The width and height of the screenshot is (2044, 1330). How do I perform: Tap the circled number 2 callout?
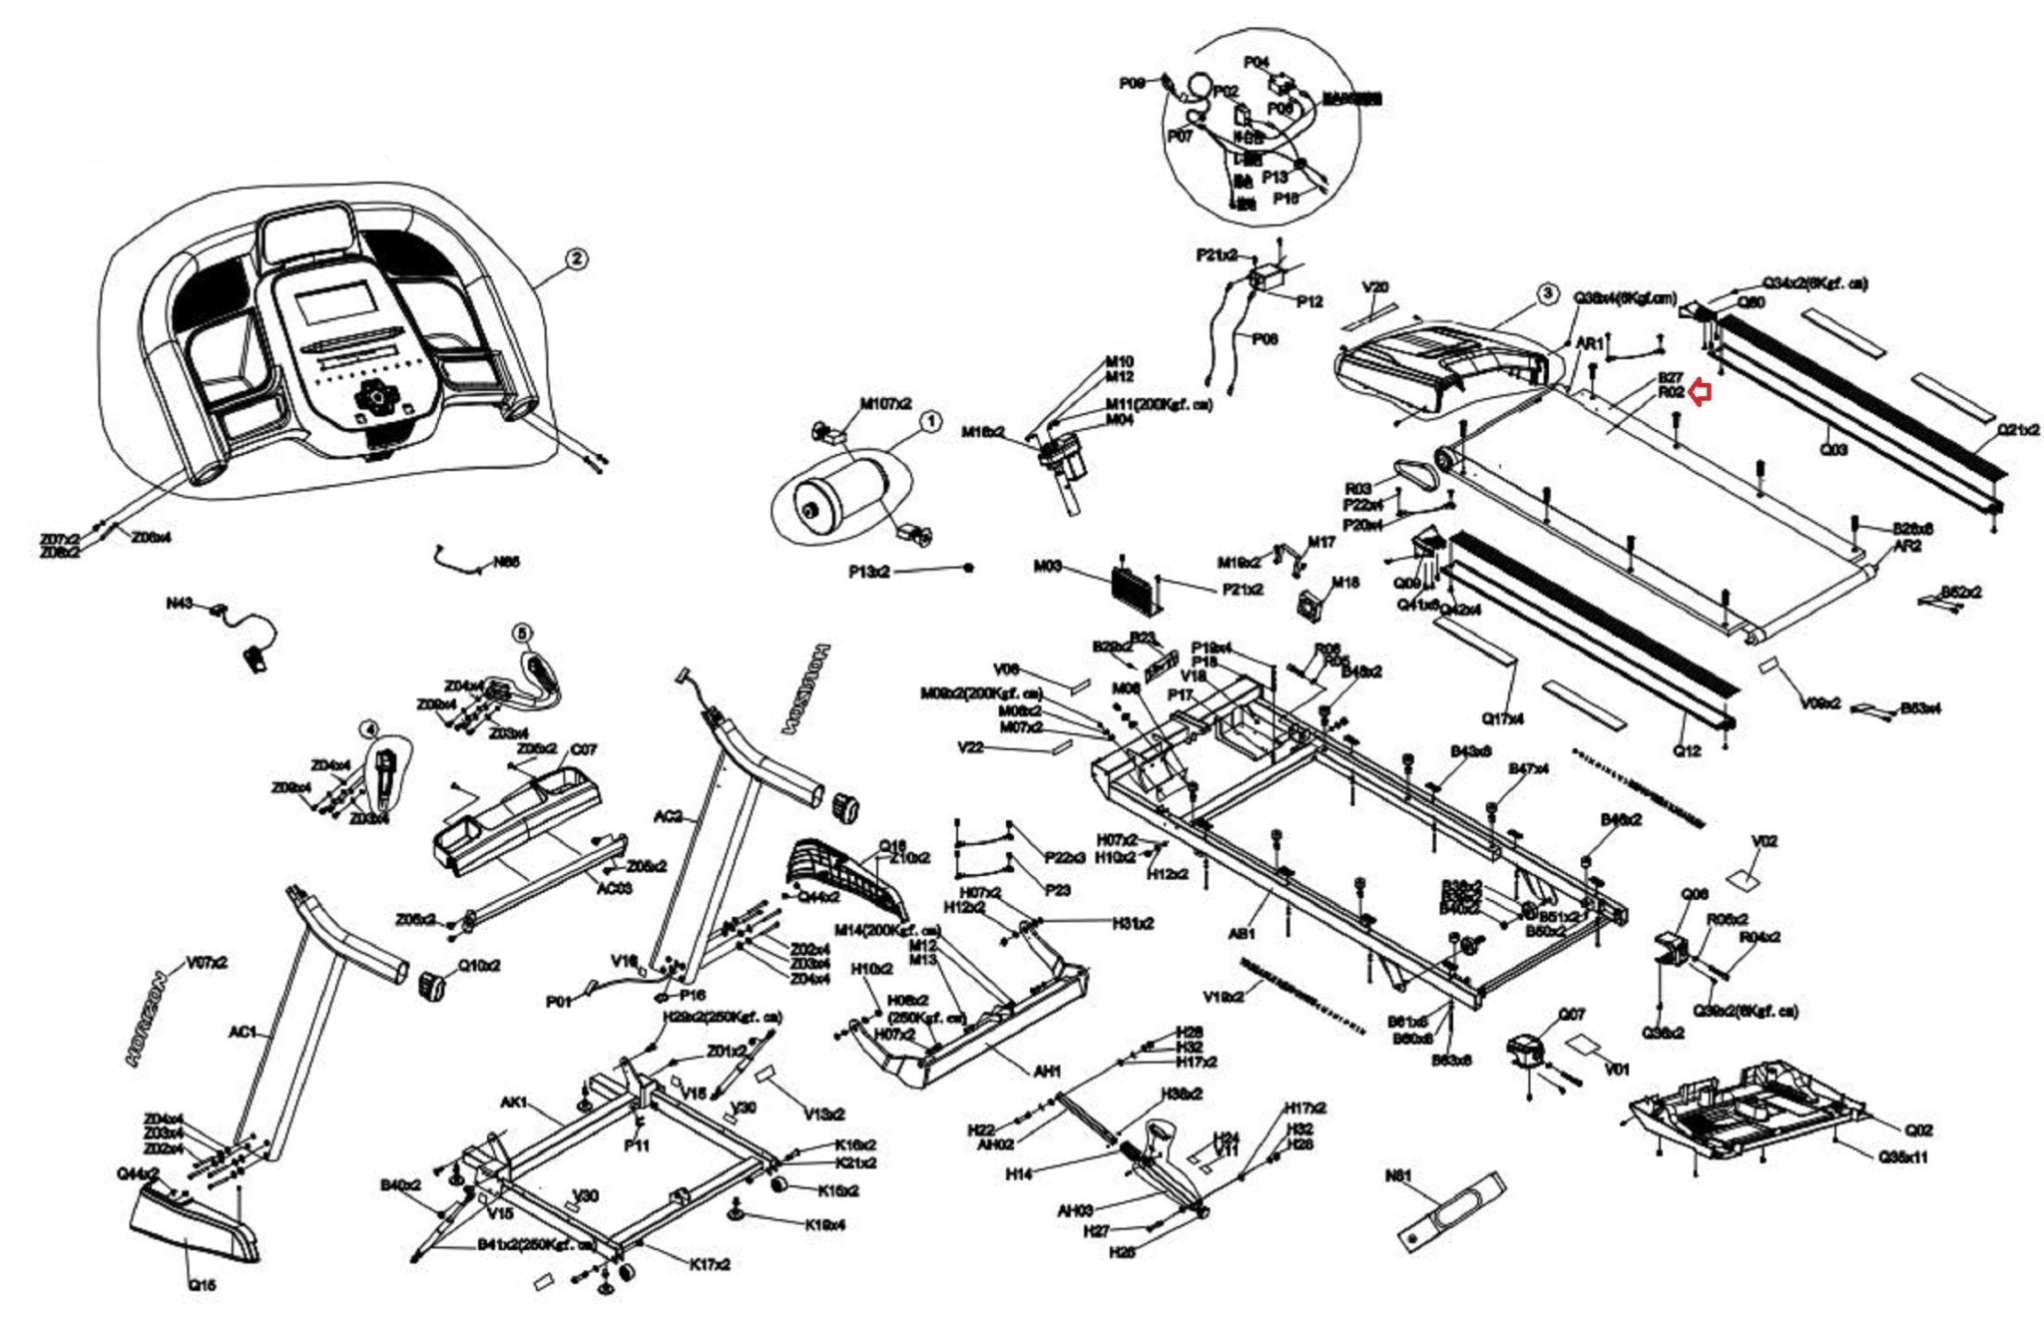tap(575, 259)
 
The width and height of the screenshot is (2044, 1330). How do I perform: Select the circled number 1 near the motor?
tap(929, 422)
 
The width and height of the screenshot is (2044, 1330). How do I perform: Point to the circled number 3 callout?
tap(1546, 293)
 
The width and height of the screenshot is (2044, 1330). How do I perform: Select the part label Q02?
tap(1918, 1130)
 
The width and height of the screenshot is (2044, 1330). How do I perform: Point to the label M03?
tap(1047, 567)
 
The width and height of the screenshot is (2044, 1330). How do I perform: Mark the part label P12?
tap(1308, 300)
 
